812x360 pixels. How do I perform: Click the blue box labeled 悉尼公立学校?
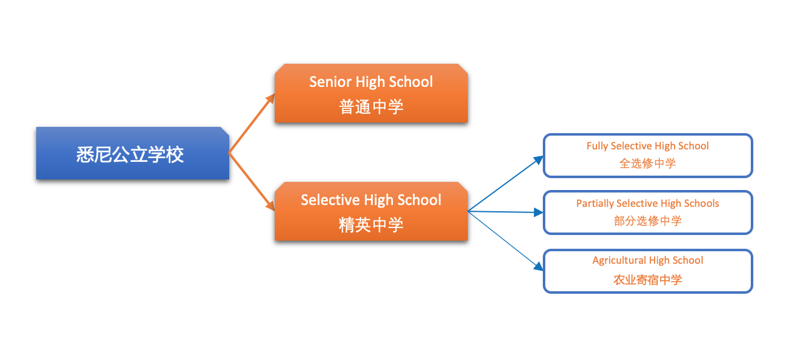pos(132,153)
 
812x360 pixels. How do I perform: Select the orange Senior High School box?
pos(371,93)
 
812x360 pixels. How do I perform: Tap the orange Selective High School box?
pos(371,211)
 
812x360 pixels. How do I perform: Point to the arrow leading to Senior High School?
pos(252,123)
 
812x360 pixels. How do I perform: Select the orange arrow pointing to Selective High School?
pos(252,181)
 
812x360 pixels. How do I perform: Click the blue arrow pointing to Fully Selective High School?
pos(506,183)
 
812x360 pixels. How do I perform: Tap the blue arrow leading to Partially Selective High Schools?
pos(506,212)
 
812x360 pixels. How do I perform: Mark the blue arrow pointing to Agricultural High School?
pos(506,241)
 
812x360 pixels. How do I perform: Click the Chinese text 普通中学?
pos(371,107)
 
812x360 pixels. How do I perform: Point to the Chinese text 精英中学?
pos(371,224)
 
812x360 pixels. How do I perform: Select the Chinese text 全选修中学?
pos(648,163)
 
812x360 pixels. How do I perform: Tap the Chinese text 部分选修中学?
pos(648,221)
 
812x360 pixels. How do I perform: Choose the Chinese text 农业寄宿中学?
pos(648,279)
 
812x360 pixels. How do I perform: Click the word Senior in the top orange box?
pos(330,82)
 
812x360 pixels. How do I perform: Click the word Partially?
pos(595,204)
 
